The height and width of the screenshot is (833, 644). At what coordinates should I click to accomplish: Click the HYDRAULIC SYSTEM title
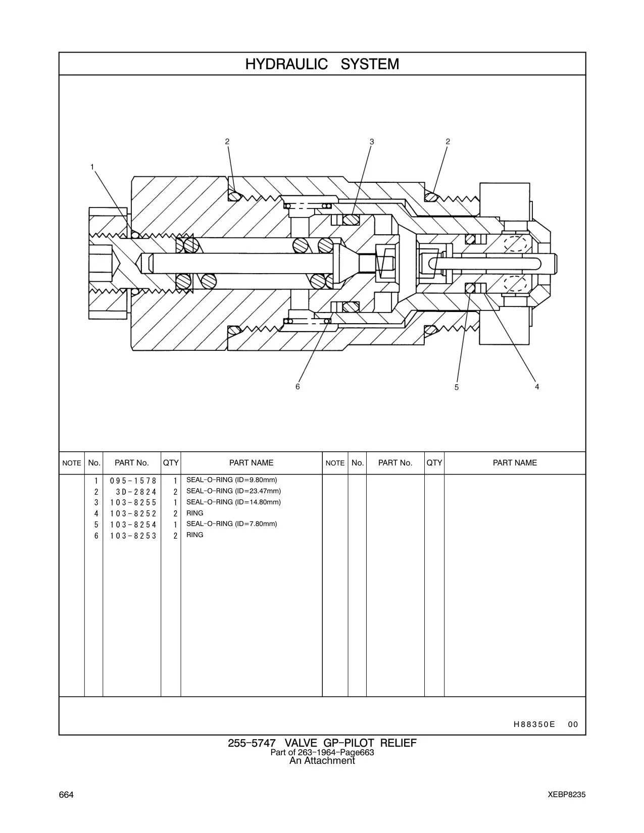(322, 64)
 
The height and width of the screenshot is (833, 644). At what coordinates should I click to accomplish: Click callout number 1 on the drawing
(92, 167)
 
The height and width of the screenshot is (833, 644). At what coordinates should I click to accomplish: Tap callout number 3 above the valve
(372, 142)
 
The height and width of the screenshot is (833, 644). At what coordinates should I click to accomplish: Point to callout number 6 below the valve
(298, 387)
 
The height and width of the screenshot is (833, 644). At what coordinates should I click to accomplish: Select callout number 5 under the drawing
(457, 388)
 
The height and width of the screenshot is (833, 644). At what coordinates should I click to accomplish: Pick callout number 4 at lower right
(537, 387)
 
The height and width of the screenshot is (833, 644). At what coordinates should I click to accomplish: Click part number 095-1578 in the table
(133, 481)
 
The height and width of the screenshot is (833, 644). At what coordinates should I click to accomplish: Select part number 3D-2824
(136, 492)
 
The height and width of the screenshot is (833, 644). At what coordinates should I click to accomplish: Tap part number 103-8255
(133, 502)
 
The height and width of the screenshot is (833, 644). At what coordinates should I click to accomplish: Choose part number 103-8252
(133, 513)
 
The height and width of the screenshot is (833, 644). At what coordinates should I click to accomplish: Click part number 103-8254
(133, 525)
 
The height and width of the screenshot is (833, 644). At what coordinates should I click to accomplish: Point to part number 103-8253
(133, 536)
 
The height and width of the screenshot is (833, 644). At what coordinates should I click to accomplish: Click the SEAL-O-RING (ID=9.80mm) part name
(232, 480)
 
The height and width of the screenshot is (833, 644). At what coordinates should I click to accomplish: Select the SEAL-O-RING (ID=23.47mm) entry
(233, 491)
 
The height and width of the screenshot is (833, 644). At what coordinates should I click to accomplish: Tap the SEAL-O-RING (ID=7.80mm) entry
(232, 524)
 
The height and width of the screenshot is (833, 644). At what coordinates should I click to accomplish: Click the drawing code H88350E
(534, 724)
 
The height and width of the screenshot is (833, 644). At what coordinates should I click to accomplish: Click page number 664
(66, 795)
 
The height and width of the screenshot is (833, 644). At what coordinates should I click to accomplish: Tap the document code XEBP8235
(567, 795)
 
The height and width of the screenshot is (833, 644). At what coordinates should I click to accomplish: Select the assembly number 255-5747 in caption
(252, 743)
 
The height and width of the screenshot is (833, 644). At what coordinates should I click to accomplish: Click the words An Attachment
(322, 761)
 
